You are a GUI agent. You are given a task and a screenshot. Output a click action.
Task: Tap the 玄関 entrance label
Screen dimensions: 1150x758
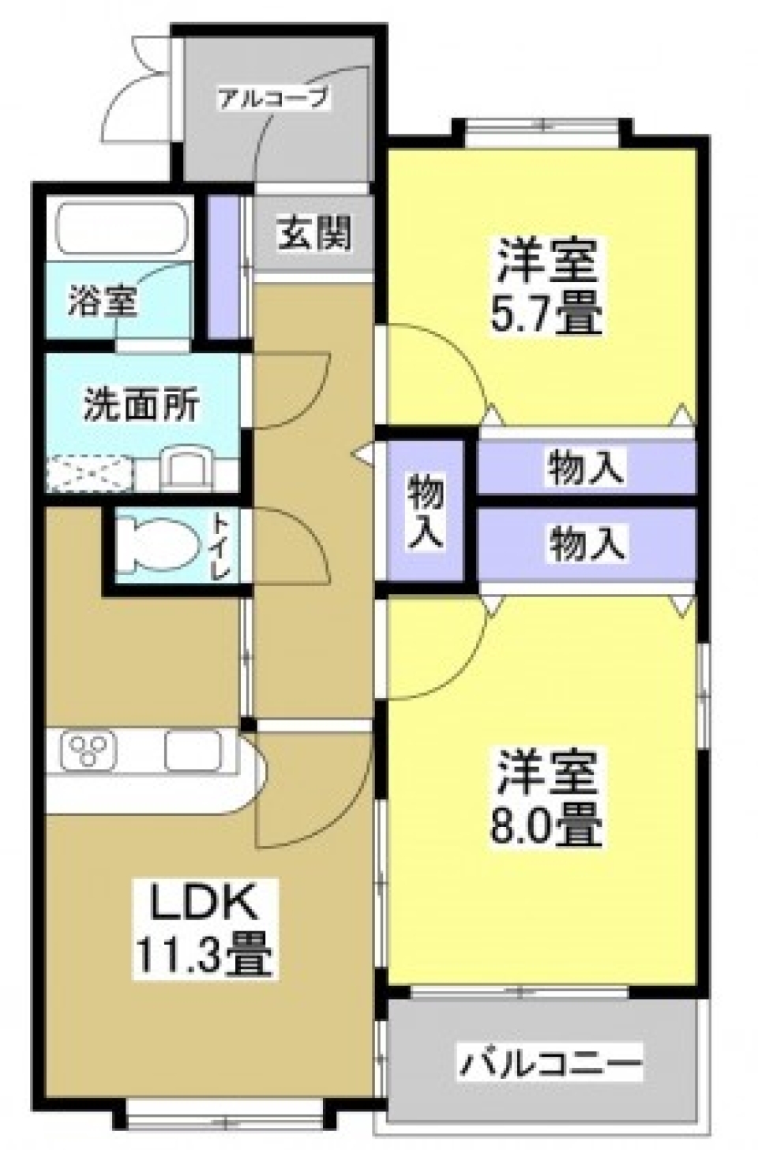pyautogui.click(x=313, y=233)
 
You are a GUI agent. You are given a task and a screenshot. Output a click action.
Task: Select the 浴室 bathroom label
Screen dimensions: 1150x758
pyautogui.click(x=103, y=302)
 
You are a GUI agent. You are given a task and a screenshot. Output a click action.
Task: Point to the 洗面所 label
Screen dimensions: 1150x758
pyautogui.click(x=141, y=406)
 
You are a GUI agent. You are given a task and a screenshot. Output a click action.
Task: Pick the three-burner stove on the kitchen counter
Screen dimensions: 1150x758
pyautogui.click(x=89, y=750)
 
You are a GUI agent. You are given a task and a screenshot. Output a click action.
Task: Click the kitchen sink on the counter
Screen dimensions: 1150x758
pyautogui.click(x=193, y=750)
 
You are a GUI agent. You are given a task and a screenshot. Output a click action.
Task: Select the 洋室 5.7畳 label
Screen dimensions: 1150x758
pyautogui.click(x=548, y=287)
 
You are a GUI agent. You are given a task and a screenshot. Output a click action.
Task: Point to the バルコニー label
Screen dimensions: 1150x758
pyautogui.click(x=550, y=1063)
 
